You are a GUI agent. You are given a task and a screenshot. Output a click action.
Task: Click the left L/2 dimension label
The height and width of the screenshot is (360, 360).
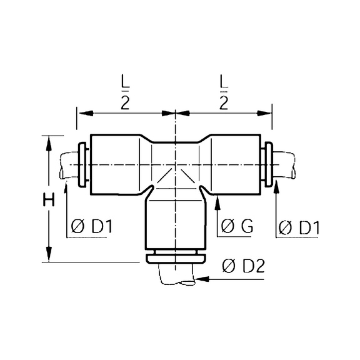tap(124, 91)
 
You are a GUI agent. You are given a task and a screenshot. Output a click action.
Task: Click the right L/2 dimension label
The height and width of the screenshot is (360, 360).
tap(224, 91)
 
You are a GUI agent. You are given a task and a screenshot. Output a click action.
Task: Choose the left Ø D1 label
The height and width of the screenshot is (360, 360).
tap(91, 227)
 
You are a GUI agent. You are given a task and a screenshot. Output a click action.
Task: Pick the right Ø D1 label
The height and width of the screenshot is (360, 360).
tap(297, 227)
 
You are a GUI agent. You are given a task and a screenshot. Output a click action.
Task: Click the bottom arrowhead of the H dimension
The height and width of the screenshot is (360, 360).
tap(48, 256)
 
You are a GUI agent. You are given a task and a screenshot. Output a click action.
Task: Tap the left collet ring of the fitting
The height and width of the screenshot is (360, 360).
tap(82, 164)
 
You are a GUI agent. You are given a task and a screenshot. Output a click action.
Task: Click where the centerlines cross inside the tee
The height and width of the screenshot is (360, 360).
tap(175, 164)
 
